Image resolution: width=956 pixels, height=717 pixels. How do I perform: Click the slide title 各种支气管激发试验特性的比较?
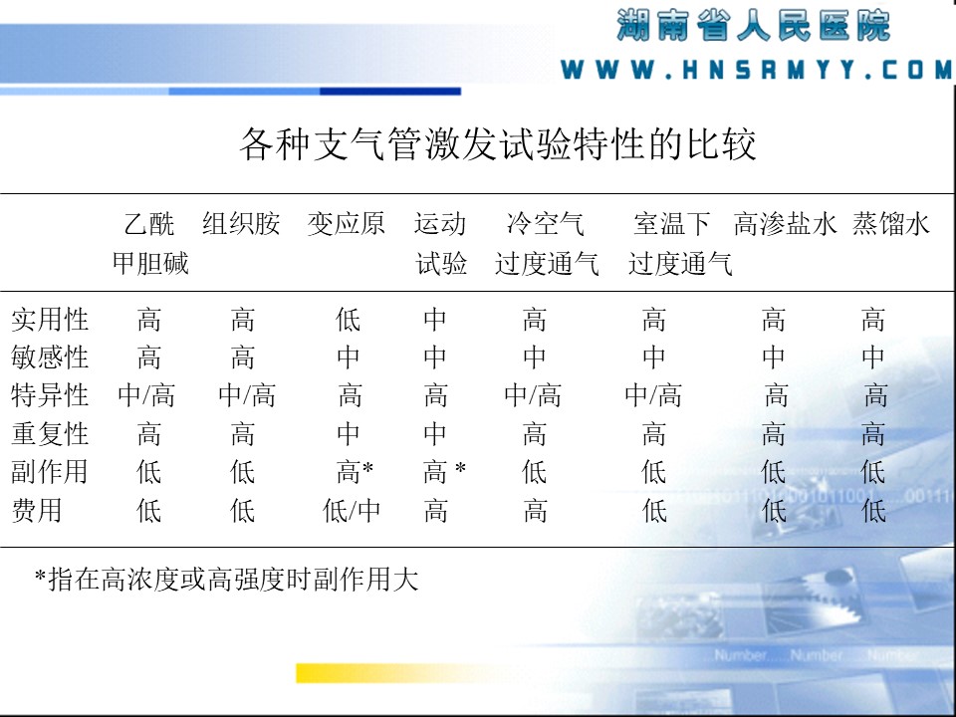pyautogui.click(x=498, y=143)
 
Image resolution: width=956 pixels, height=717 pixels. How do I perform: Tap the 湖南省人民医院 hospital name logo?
pyautogui.click(x=754, y=26)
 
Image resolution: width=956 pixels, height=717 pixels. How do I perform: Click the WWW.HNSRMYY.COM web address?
pyautogui.click(x=756, y=70)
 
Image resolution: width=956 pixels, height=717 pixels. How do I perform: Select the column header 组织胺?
pyautogui.click(x=241, y=224)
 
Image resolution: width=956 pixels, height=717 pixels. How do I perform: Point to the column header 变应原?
pyautogui.click(x=346, y=224)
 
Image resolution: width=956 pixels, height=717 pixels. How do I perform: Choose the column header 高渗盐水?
pyautogui.click(x=786, y=224)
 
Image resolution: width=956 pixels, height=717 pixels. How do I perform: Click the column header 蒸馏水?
pyautogui.click(x=890, y=224)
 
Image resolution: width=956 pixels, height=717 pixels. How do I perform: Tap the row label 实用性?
pyautogui.click(x=50, y=320)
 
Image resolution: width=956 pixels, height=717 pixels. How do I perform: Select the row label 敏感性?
pyautogui.click(x=50, y=358)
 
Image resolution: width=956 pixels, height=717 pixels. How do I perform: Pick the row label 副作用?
pyautogui.click(x=50, y=472)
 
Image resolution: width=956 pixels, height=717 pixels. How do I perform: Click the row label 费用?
pyautogui.click(x=37, y=510)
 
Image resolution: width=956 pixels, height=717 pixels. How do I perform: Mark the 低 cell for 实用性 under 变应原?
pyautogui.click(x=349, y=320)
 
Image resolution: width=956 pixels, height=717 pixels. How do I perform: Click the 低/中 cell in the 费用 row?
pyautogui.click(x=352, y=511)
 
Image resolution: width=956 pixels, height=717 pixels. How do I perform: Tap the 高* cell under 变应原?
pyautogui.click(x=355, y=472)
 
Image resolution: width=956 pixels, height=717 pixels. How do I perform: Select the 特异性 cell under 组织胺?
pyautogui.click(x=247, y=395)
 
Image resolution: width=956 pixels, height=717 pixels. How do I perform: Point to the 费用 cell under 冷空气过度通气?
pyautogui.click(x=535, y=511)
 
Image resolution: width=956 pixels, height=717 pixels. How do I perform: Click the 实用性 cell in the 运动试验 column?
pyautogui.click(x=435, y=320)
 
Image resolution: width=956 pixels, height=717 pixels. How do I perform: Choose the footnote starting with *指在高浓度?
pyautogui.click(x=226, y=580)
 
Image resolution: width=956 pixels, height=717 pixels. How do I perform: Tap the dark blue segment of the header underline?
pyautogui.click(x=390, y=92)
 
